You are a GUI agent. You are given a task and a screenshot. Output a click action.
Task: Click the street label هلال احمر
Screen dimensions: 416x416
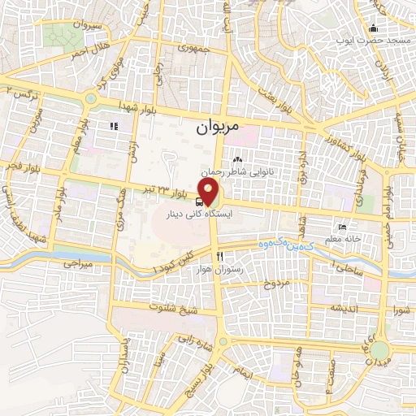[88, 50]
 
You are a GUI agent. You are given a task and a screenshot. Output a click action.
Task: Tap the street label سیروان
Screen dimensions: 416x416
[86, 26]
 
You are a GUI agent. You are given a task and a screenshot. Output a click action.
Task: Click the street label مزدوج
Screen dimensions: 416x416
[275, 284]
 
